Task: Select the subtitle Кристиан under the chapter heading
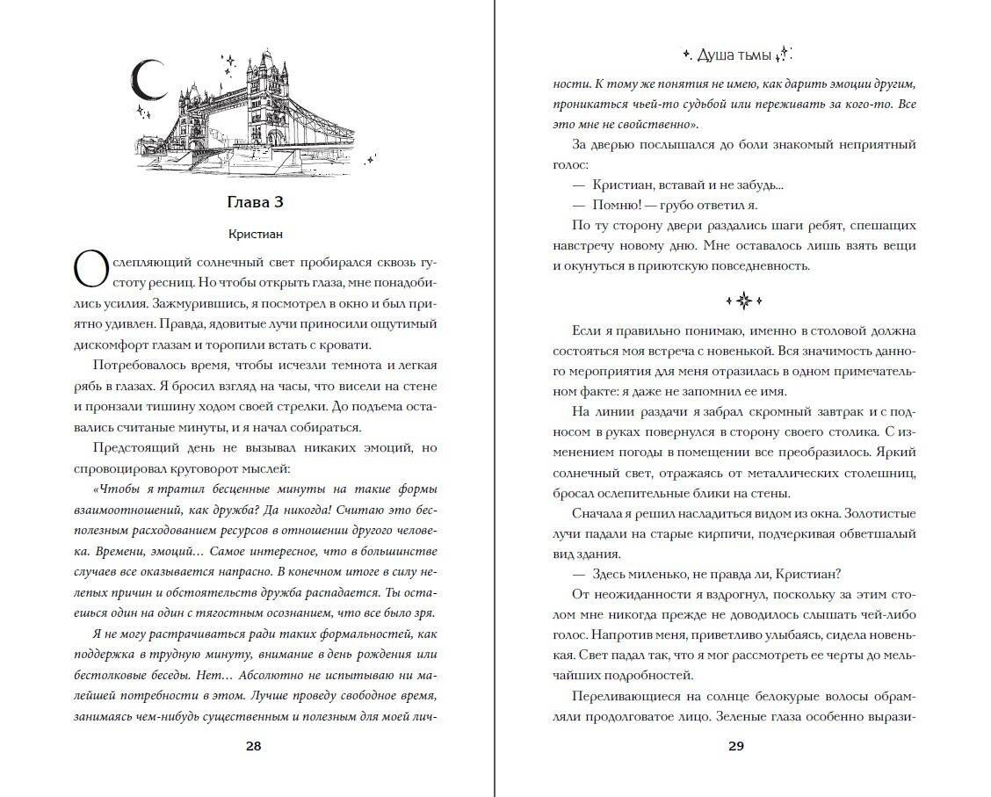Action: (253, 235)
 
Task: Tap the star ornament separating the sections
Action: (743, 301)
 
